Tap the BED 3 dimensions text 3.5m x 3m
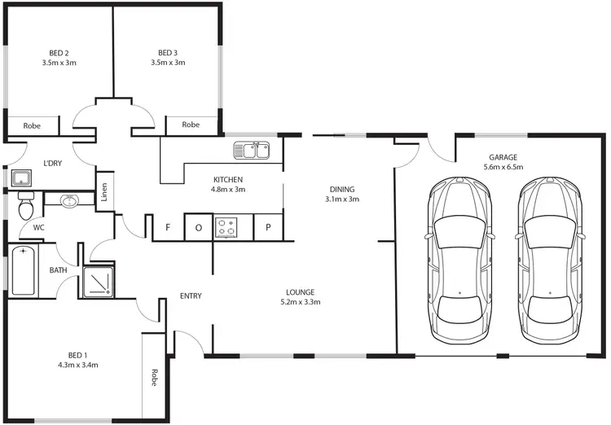pyautogui.click(x=169, y=63)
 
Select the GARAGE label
pyautogui.click(x=503, y=157)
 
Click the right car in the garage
pyautogui.click(x=551, y=260)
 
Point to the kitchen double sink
pyautogui.click(x=252, y=150)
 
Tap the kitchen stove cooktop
pyautogui.click(x=226, y=227)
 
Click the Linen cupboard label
pyautogui.click(x=104, y=192)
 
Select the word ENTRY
pyautogui.click(x=191, y=296)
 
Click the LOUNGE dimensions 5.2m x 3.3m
pyautogui.click(x=300, y=302)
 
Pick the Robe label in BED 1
pyautogui.click(x=154, y=378)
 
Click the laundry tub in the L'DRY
pyautogui.click(x=21, y=178)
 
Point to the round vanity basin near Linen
pyautogui.click(x=70, y=199)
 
